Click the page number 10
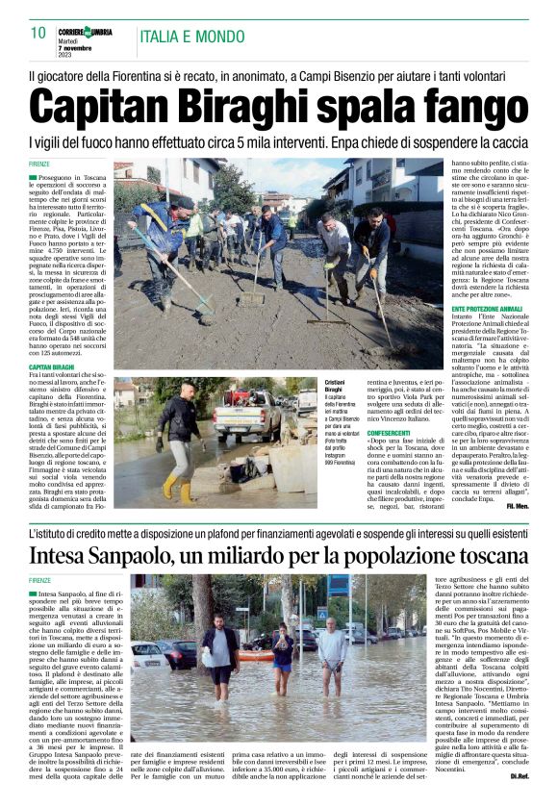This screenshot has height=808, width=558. [38, 33]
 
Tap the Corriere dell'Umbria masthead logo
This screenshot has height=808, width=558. [85, 32]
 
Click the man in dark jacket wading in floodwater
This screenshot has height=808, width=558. [219, 654]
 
